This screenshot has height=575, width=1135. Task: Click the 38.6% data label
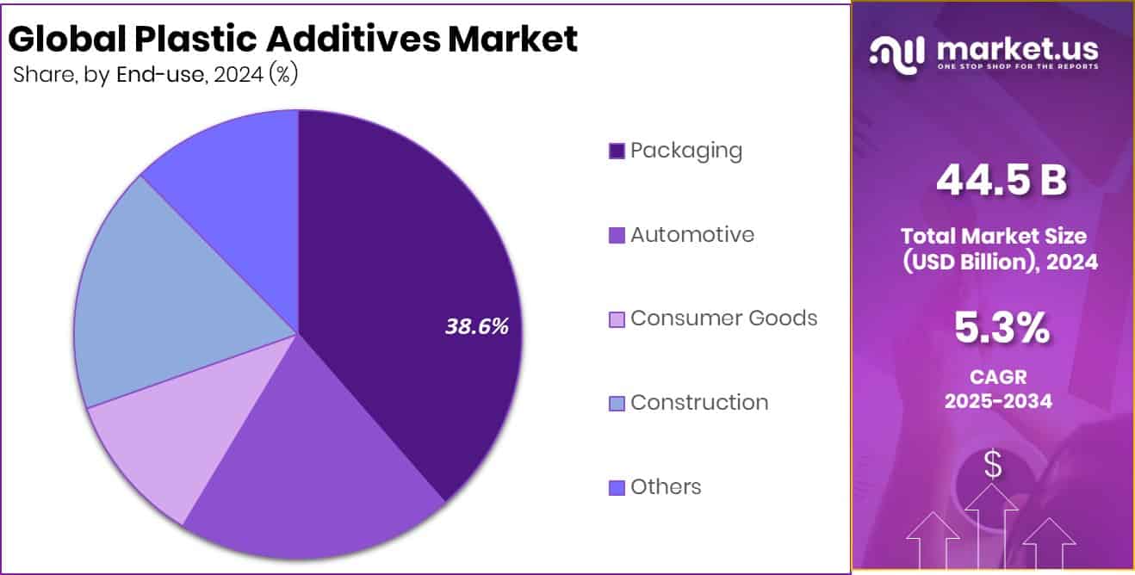[477, 326]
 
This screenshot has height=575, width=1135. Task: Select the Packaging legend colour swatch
[617, 151]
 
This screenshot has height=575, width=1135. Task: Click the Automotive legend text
[692, 234]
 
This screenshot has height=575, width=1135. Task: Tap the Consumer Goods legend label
[723, 318]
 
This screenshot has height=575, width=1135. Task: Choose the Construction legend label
[699, 402]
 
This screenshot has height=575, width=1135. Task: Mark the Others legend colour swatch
[617, 488]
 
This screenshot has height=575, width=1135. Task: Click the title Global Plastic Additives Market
[293, 40]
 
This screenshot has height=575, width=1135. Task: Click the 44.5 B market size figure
[1001, 181]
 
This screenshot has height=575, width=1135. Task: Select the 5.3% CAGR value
[1001, 328]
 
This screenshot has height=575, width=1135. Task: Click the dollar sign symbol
[993, 466]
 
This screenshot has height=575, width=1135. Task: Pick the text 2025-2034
[998, 401]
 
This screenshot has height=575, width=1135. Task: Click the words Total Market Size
[994, 235]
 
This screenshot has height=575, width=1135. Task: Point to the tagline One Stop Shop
[1016, 67]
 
